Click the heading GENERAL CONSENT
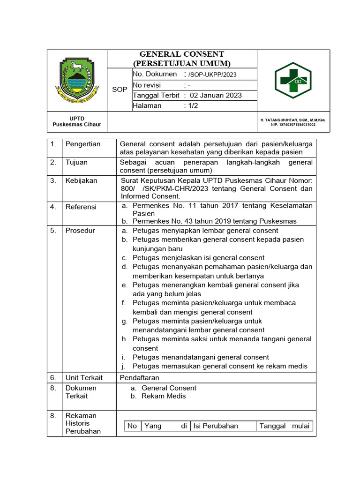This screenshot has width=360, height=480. pos(182,54)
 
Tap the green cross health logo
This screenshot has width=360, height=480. pos(292,80)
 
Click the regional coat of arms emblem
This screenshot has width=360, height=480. pos(77,78)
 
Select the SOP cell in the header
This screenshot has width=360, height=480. pos(120,90)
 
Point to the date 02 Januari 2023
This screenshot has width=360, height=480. pos(216,95)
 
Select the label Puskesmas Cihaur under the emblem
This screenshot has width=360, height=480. pos(77,125)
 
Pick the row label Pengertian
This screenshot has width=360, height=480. pos(82,144)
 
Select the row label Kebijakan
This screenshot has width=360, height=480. pos(80,180)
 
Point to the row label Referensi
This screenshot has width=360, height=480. pos(81,207)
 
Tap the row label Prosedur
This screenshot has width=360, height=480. pos(80,231)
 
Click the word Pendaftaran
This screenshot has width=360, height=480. pos(140,377)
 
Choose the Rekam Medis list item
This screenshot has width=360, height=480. pos(164,396)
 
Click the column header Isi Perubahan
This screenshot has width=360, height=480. pos(216,426)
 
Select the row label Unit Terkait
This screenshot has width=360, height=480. pos(84,377)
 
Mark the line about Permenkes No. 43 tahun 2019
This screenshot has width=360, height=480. pos(214,221)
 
